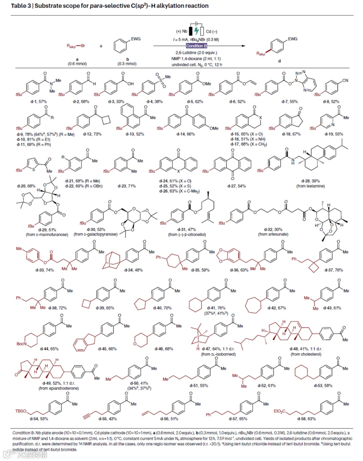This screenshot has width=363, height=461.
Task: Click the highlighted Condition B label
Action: pyautogui.click(x=196, y=46)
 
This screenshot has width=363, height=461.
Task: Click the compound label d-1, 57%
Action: pyautogui.click(x=38, y=101)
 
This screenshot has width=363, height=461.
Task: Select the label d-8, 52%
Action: pyautogui.click(x=331, y=101)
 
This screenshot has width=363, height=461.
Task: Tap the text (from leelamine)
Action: pyautogui.click(x=310, y=186)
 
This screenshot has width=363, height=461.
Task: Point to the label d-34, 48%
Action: pyautogui.click(x=133, y=270)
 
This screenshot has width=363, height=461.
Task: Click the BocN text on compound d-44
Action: pyautogui.click(x=22, y=344)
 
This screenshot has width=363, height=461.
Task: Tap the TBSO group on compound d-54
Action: pyautogui.click(x=21, y=411)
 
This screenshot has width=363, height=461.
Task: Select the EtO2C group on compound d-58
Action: pyautogui.click(x=280, y=411)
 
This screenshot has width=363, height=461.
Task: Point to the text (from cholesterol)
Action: pyautogui.click(x=306, y=354)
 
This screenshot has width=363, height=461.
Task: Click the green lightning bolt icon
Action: pyautogui.click(x=197, y=31)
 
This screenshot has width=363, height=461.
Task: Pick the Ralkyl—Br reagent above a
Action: pyautogui.click(x=76, y=46)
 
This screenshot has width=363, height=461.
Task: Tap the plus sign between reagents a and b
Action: pyautogui.click(x=101, y=46)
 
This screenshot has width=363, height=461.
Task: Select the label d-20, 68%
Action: pyautogui.click(x=26, y=186)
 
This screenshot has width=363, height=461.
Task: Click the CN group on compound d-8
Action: pyautogui.click(x=345, y=81)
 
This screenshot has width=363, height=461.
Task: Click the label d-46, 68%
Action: pyautogui.click(x=164, y=349)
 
